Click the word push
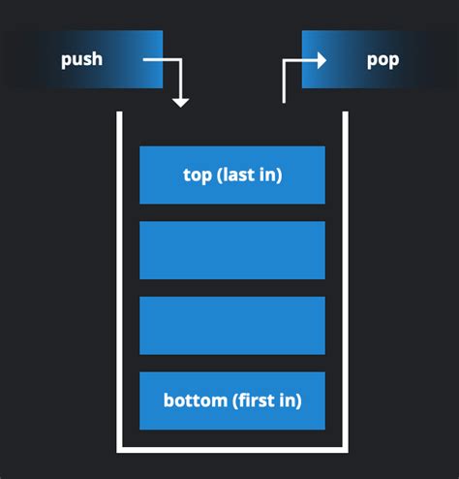click(81, 59)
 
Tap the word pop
click(382, 59)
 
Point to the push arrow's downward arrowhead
click(180, 101)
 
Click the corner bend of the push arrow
click(180, 60)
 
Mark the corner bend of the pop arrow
click(285, 60)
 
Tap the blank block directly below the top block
click(231, 250)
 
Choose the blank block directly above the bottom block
click(231, 325)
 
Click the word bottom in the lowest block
click(194, 399)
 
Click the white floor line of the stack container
click(232, 450)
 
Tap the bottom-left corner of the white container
click(120, 450)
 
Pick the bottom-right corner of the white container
click(345, 450)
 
